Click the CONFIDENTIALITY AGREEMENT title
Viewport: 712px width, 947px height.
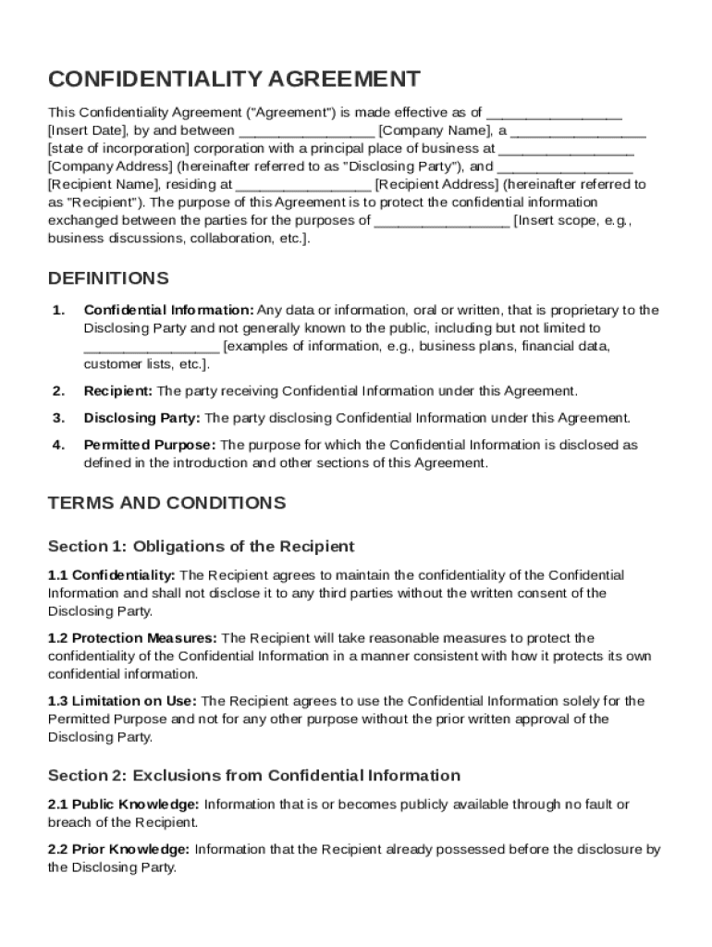234,79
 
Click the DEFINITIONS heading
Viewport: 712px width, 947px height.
108,278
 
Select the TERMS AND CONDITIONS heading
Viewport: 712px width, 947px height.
166,503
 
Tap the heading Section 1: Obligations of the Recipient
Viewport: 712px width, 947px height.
201,547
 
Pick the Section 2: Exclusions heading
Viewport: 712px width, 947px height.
253,775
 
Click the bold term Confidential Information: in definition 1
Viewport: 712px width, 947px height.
168,310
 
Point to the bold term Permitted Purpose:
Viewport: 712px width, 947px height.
150,445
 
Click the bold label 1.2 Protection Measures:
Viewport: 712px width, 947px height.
133,638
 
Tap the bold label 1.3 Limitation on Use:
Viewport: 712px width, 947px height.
122,701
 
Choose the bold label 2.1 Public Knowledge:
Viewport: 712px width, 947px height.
124,805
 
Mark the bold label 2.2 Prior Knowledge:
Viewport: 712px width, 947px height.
119,849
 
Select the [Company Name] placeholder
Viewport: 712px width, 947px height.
428,130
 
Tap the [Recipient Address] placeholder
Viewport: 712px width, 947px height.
436,184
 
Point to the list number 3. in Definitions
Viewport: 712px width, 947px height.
58,418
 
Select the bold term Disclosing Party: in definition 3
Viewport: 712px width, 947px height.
141,418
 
